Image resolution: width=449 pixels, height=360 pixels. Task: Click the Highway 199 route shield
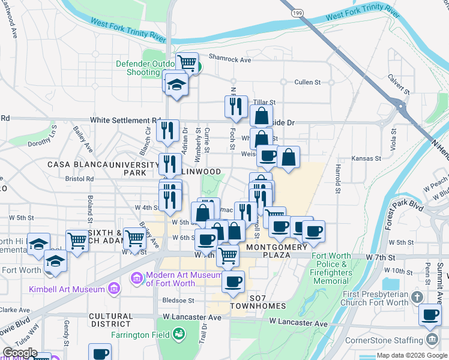296,13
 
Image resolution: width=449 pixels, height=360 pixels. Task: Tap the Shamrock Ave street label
229,59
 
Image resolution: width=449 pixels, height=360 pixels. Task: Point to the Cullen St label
307,82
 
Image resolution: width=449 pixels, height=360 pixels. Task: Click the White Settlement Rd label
125,120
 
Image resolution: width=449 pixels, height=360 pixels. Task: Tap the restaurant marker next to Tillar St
236,106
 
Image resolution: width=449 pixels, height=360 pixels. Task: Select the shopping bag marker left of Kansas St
288,157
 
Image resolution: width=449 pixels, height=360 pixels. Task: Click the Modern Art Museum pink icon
137,278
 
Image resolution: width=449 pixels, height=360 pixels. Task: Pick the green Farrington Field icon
178,333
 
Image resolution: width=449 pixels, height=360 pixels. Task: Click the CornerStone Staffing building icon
432,340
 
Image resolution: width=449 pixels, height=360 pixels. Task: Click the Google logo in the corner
20,353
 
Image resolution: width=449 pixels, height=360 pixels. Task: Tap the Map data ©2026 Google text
412,355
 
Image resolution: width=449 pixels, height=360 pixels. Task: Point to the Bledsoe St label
178,300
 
